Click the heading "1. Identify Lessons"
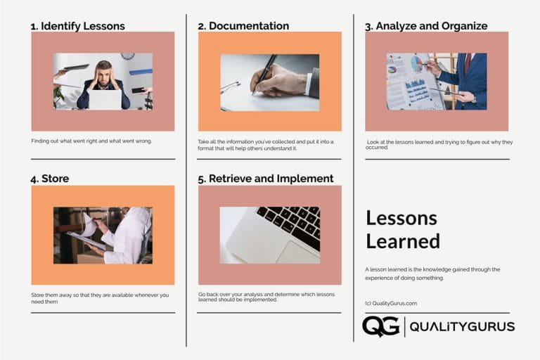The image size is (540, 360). [x=77, y=26]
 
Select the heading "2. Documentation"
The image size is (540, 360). [x=243, y=26]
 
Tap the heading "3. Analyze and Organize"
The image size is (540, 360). [x=426, y=26]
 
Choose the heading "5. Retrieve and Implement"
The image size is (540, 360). [x=266, y=179]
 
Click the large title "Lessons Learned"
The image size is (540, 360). [x=403, y=230]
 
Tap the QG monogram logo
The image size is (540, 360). [x=380, y=326]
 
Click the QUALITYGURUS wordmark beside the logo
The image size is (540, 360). [x=462, y=327]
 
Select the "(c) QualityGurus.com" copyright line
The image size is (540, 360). [x=391, y=303]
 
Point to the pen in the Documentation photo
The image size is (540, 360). [x=264, y=73]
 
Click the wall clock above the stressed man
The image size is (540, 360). [x=127, y=56]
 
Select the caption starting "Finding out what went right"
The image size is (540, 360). [x=91, y=141]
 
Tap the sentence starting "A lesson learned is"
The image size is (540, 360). [x=432, y=273]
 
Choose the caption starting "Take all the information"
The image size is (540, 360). [x=266, y=145]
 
